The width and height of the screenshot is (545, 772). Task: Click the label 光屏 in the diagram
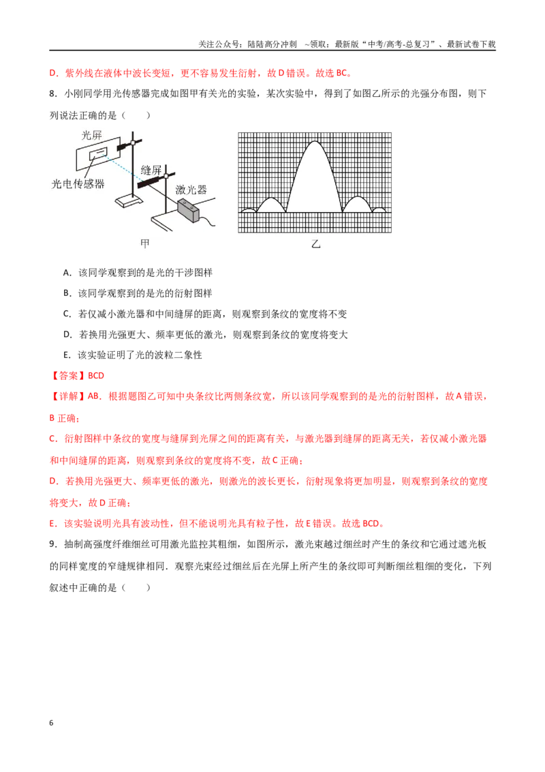tap(91, 135)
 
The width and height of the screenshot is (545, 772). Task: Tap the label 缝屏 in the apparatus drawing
tap(151, 170)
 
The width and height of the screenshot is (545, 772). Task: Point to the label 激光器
tap(191, 190)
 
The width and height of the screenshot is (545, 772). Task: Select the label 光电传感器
tap(78, 183)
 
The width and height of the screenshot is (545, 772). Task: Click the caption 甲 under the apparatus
tap(144, 243)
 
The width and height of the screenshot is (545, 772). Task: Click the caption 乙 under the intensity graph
tap(315, 243)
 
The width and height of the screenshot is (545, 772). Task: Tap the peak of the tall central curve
tap(315, 142)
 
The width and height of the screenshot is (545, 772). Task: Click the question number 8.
tap(53, 93)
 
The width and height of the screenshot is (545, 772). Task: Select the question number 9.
tap(53, 544)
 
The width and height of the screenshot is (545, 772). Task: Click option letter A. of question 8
tap(67, 273)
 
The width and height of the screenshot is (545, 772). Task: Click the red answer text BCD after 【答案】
tap(96, 376)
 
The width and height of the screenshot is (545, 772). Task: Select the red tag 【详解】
tap(68, 396)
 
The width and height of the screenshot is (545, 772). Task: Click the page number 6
tap(51, 723)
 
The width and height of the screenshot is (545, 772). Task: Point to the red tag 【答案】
tap(68, 376)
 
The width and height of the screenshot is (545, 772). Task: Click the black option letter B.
tap(67, 293)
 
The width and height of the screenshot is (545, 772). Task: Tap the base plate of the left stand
tap(128, 202)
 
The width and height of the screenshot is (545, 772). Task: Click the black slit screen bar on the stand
tap(151, 181)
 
